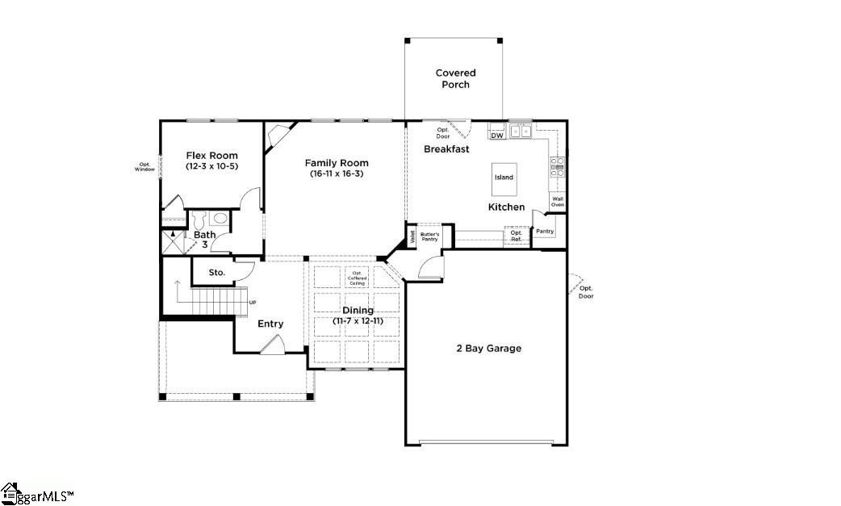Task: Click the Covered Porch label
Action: [x=455, y=78]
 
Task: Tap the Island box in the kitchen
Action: [x=504, y=178]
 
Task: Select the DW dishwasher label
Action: [x=497, y=136]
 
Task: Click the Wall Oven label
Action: [x=557, y=203]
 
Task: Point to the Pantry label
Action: [x=545, y=232]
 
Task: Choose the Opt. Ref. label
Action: [x=517, y=236]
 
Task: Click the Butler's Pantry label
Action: [x=429, y=236]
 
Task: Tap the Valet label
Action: [x=412, y=236]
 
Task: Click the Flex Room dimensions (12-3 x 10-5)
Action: [x=211, y=166]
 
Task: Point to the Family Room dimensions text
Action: [x=337, y=174]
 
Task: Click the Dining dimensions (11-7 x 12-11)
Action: [x=358, y=320]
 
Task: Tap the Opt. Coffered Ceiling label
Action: [x=358, y=278]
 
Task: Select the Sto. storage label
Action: [x=216, y=273]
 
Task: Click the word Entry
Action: [x=270, y=324]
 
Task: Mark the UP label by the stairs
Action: [x=253, y=303]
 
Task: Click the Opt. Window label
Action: [x=144, y=167]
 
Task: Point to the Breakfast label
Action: [x=446, y=149]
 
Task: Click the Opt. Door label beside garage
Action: [x=586, y=292]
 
